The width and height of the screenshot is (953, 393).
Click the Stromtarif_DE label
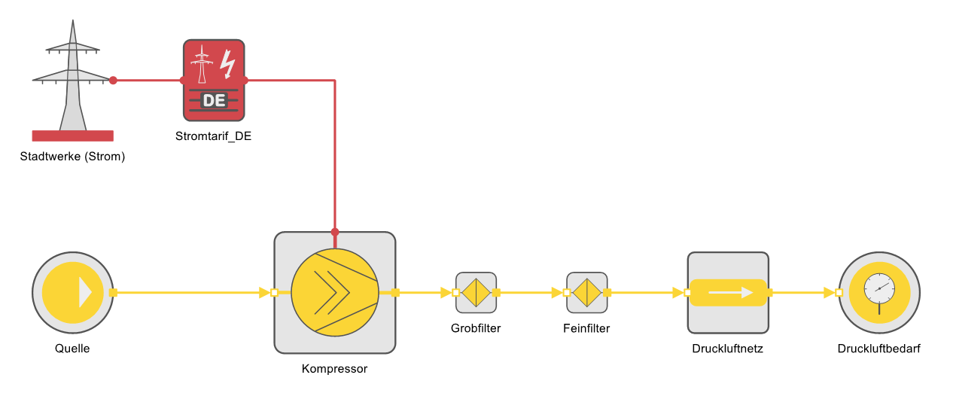tap(213, 136)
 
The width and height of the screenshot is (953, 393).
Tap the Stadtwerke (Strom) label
tap(72, 157)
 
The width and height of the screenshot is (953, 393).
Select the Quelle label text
tap(72, 349)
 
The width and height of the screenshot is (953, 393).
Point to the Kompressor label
tap(334, 368)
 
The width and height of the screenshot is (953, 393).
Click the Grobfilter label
tap(476, 328)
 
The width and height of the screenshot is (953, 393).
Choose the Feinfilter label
tap(586, 328)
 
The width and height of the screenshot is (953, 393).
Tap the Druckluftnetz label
tap(727, 349)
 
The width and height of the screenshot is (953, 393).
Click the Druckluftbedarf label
tap(879, 349)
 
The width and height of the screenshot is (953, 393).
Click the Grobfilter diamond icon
tap(476, 293)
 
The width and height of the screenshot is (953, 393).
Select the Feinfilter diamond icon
tap(587, 293)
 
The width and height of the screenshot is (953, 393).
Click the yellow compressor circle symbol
tap(335, 293)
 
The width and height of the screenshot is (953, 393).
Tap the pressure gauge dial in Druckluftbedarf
tap(879, 289)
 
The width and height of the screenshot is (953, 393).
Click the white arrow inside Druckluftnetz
tap(731, 293)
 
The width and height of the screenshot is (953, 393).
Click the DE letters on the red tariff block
tap(214, 101)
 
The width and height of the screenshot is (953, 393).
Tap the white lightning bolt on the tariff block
tap(227, 64)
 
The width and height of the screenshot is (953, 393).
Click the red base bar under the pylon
tap(73, 136)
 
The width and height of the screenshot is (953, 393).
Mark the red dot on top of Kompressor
tap(335, 232)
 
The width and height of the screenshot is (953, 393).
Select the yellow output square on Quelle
tap(113, 293)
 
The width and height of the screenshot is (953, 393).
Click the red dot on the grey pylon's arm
tap(113, 81)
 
